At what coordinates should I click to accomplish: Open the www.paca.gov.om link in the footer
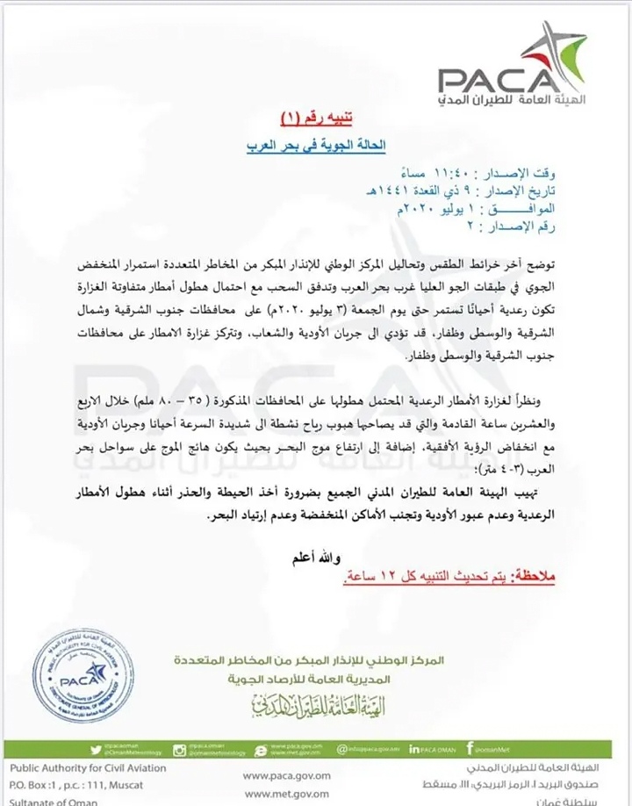[x=288, y=775]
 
